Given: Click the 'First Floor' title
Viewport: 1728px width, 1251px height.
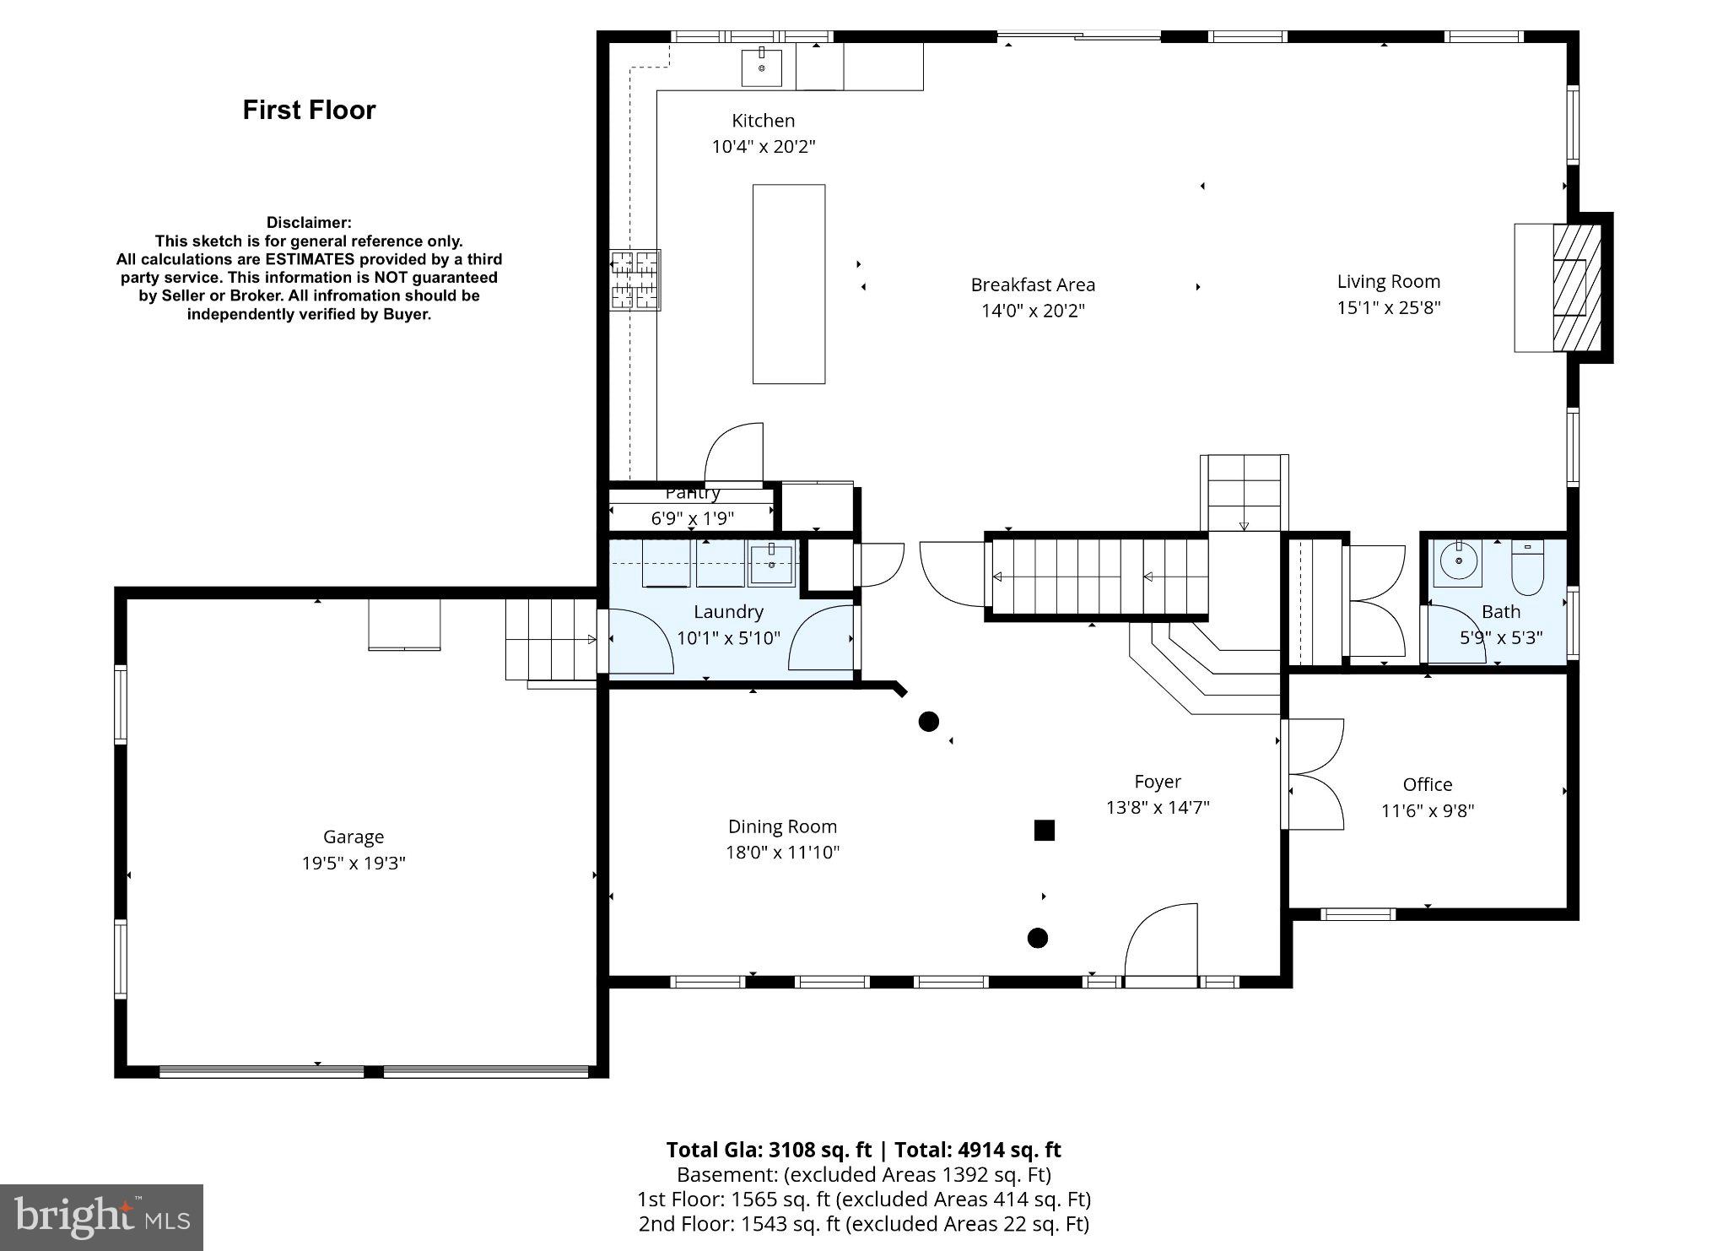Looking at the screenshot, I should pos(309,110).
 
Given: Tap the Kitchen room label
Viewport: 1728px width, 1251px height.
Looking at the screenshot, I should pos(763,121).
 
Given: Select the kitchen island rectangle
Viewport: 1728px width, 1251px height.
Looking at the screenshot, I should pos(788,284).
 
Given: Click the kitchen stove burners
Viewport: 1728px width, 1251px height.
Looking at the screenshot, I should pos(635,279).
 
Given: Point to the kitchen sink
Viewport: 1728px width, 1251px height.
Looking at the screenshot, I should pos(761,68).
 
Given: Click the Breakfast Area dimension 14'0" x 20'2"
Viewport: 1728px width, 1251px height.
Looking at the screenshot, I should pos(1032,311).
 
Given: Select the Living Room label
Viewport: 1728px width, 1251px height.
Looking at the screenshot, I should pos(1388,282).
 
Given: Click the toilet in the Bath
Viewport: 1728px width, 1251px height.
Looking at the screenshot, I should pos(1526,570).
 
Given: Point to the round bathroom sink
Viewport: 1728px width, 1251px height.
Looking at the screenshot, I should pos(1458,561).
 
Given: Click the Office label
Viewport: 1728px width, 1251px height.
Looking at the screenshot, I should pos(1427,784).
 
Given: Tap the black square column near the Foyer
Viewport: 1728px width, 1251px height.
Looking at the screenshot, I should pos(1044,831).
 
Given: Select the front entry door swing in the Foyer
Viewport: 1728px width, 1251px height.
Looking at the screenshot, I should pos(1160,941).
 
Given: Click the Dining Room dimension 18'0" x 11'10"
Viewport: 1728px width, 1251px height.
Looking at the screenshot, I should pos(782,853).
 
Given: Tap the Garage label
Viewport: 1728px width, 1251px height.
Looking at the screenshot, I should pos(353,837).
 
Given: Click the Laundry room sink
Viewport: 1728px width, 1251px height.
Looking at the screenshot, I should pos(771,564).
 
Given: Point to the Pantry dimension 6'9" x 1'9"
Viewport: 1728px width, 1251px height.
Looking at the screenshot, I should pos(692,518).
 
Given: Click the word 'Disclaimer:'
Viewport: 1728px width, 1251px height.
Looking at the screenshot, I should pos(309,223).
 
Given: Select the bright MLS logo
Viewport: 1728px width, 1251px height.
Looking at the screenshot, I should pos(101,1217).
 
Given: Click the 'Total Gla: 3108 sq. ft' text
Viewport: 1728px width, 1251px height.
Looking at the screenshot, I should pos(768,1150).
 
